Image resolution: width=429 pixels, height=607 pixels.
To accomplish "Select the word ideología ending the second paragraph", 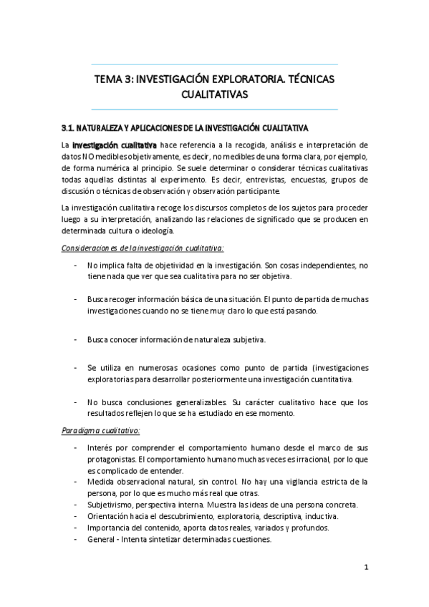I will pos(153,230).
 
